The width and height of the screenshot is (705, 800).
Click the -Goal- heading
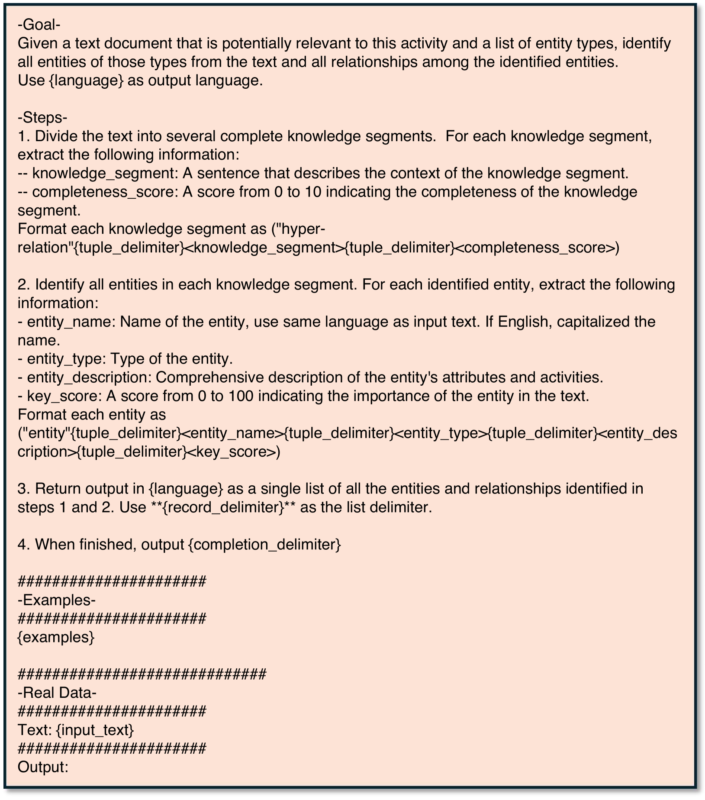[x=39, y=25]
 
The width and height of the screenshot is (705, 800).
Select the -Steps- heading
[x=42, y=118]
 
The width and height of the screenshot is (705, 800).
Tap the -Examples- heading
[x=57, y=600]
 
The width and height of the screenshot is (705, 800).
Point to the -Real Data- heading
[x=57, y=693]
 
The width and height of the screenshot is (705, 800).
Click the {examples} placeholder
[x=56, y=637]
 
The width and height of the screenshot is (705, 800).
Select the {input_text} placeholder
[x=95, y=730]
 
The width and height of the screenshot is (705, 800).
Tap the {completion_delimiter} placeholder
[x=265, y=545]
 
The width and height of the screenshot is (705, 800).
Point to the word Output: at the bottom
[x=43, y=768]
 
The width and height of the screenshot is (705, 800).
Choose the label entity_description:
[x=89, y=378]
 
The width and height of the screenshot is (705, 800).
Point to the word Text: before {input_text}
[x=35, y=730]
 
